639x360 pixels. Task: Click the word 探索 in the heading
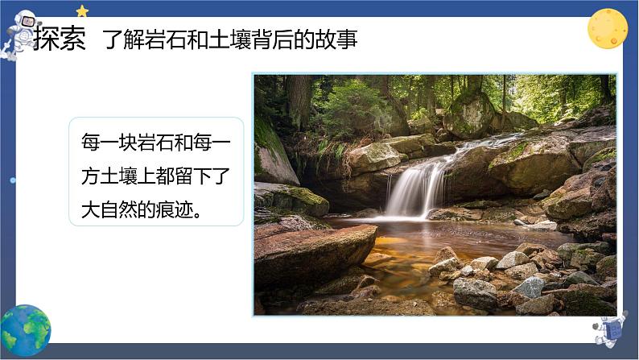click(x=60, y=40)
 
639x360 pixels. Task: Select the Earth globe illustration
click(x=25, y=330)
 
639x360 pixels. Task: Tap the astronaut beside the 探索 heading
click(x=22, y=32)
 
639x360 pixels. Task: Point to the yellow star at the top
click(x=82, y=10)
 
